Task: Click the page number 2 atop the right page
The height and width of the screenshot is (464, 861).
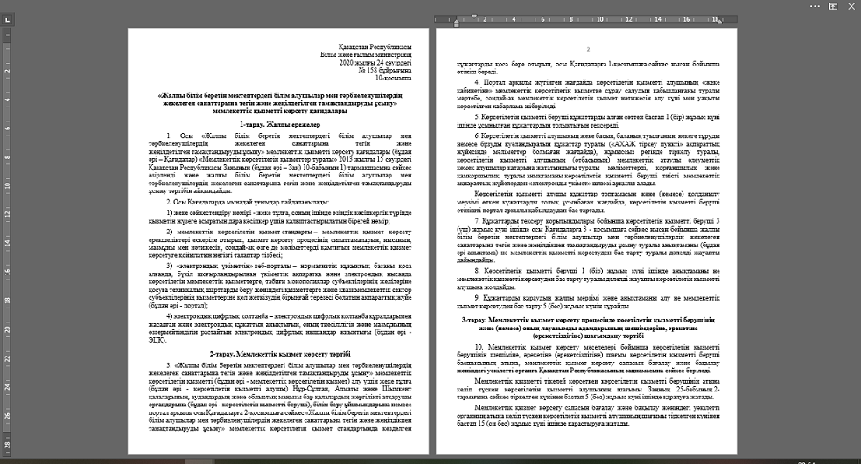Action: (x=589, y=49)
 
